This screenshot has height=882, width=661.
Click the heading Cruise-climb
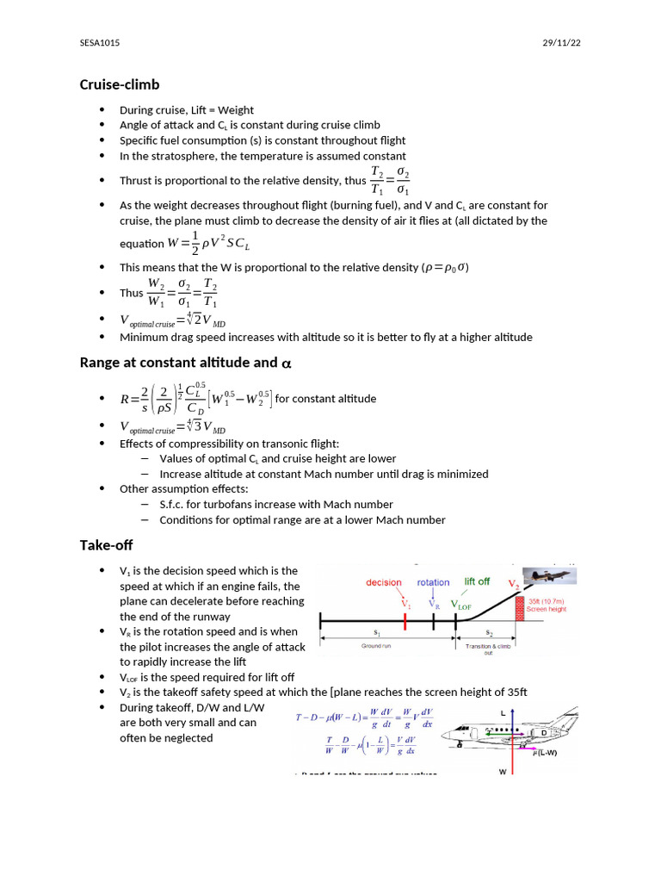click(x=120, y=84)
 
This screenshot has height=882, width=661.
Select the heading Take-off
click(x=106, y=545)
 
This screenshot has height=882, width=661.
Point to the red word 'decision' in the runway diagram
click(x=384, y=582)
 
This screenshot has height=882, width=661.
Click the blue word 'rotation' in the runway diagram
click(x=434, y=582)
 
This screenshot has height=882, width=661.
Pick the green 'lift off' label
click(x=477, y=581)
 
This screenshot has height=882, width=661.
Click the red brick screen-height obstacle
click(x=520, y=607)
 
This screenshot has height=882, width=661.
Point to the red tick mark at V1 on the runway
click(x=405, y=619)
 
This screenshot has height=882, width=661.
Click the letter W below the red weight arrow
click(x=503, y=772)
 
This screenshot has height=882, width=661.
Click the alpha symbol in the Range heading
click(x=287, y=363)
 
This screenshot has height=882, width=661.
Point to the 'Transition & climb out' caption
click(x=490, y=649)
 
